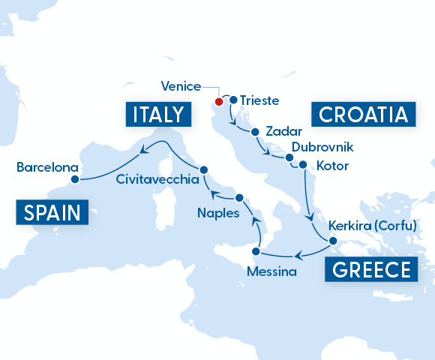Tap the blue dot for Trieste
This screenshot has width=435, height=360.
233,100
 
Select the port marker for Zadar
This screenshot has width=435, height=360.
256,132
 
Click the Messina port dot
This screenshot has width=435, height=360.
256,251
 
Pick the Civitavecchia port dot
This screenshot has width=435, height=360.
203,169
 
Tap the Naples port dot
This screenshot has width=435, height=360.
239,198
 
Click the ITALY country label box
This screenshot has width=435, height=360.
157,114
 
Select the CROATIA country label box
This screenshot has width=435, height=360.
363,114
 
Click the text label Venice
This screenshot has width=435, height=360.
180,85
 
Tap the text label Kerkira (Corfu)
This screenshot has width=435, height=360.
372,226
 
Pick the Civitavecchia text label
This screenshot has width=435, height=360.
157,180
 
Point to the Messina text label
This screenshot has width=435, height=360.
271,269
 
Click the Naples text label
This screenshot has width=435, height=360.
218,213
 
